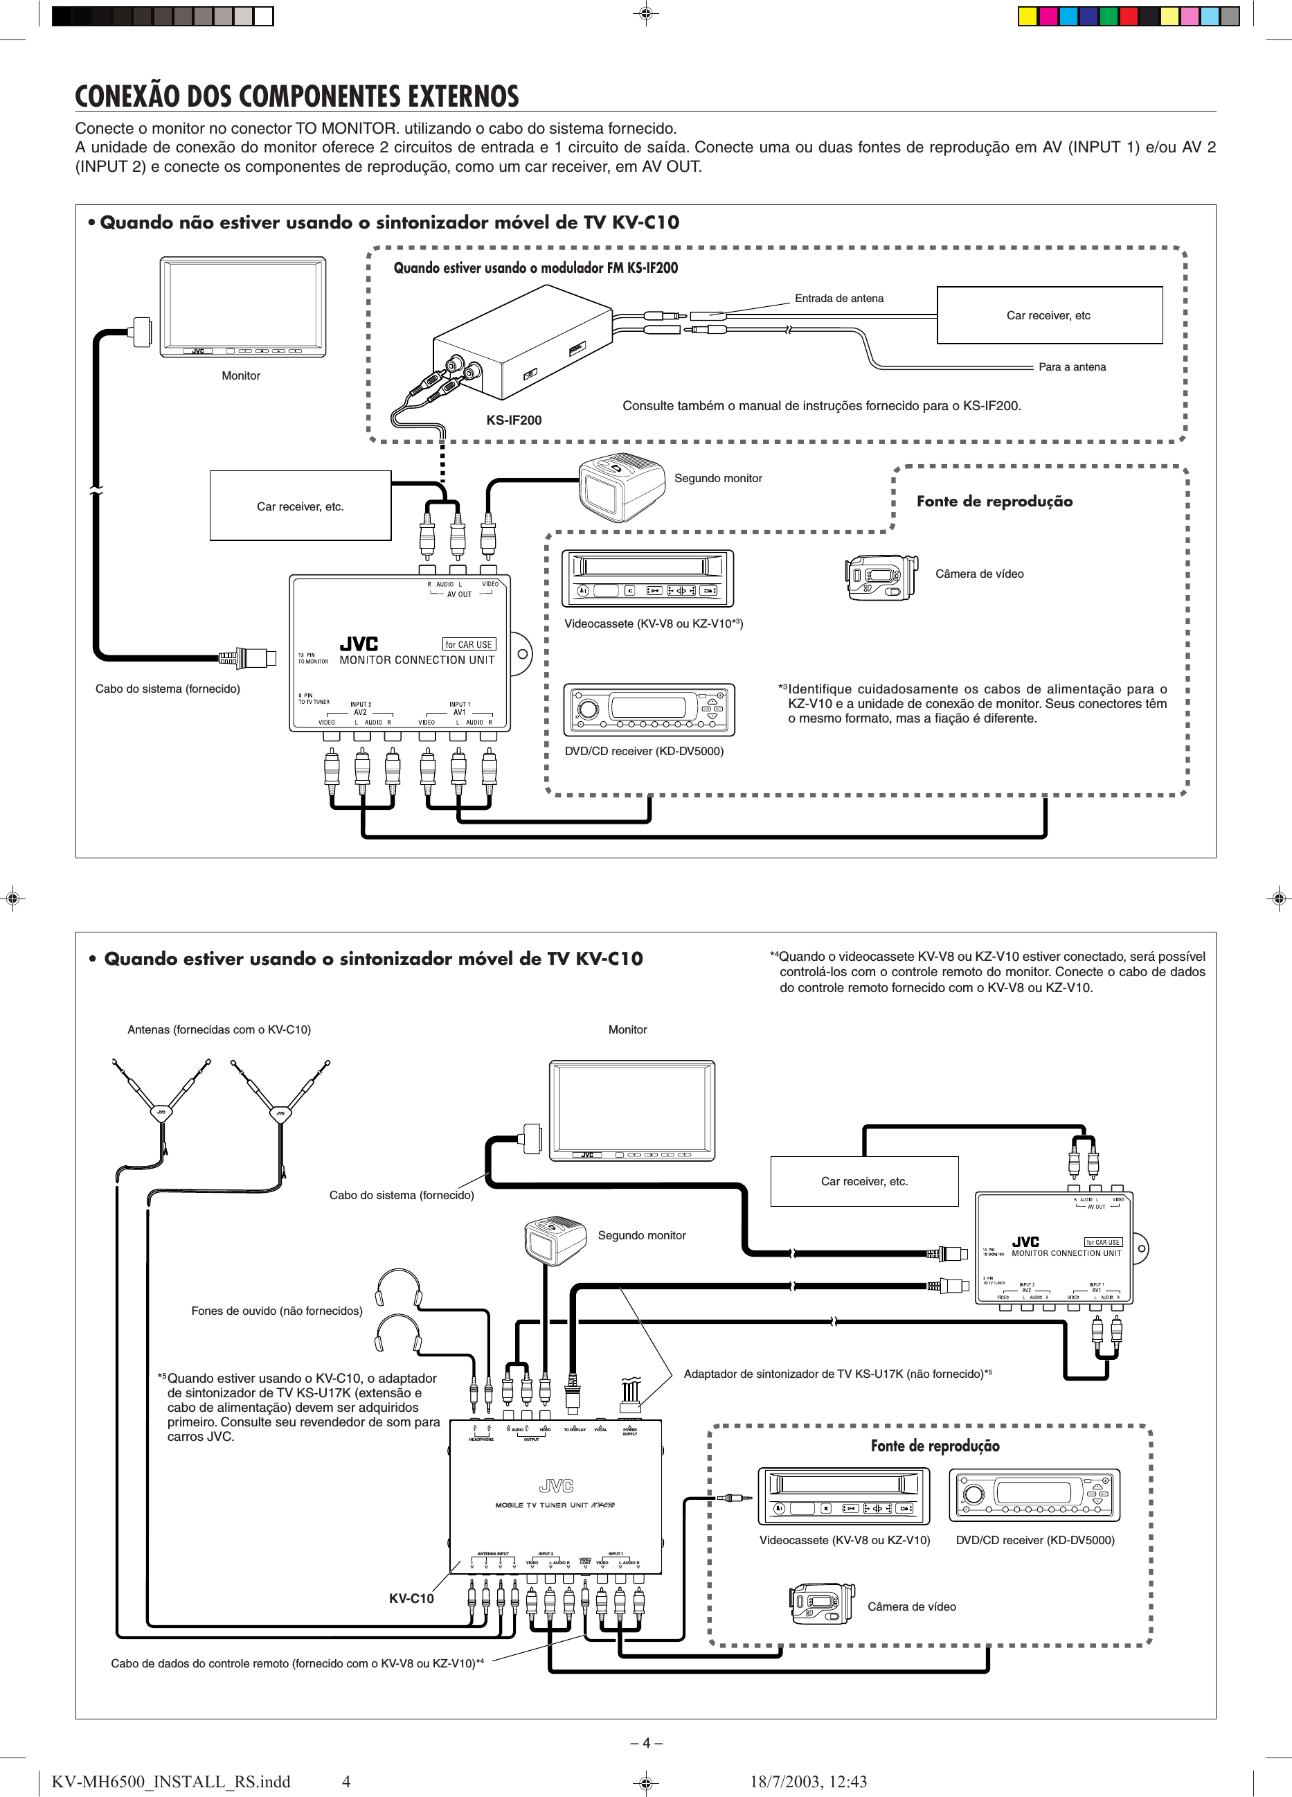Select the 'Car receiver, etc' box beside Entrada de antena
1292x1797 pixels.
(1049, 315)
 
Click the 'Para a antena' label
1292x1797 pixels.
(1072, 367)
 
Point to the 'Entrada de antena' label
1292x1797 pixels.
(839, 299)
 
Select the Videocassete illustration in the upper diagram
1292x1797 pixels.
(647, 578)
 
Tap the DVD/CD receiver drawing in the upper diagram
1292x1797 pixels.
(649, 709)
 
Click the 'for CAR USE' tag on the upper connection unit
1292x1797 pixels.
(468, 644)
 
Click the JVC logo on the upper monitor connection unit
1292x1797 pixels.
(359, 644)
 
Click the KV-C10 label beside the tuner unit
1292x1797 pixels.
(411, 1598)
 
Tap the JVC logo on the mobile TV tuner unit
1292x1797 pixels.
(556, 1486)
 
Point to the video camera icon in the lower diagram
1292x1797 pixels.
(821, 1604)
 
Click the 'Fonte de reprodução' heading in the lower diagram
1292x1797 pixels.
(935, 1445)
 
